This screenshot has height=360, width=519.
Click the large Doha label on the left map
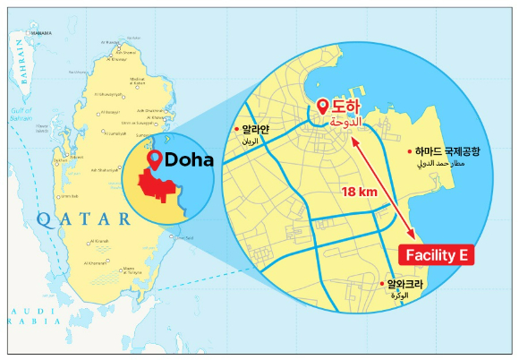189,160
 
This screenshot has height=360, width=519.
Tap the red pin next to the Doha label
154,160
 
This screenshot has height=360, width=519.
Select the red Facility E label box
436,255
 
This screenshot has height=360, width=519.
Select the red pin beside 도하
324,108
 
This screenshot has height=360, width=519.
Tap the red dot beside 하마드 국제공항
409,152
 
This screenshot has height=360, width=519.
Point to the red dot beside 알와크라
384,284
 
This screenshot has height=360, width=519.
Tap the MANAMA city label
39,32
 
